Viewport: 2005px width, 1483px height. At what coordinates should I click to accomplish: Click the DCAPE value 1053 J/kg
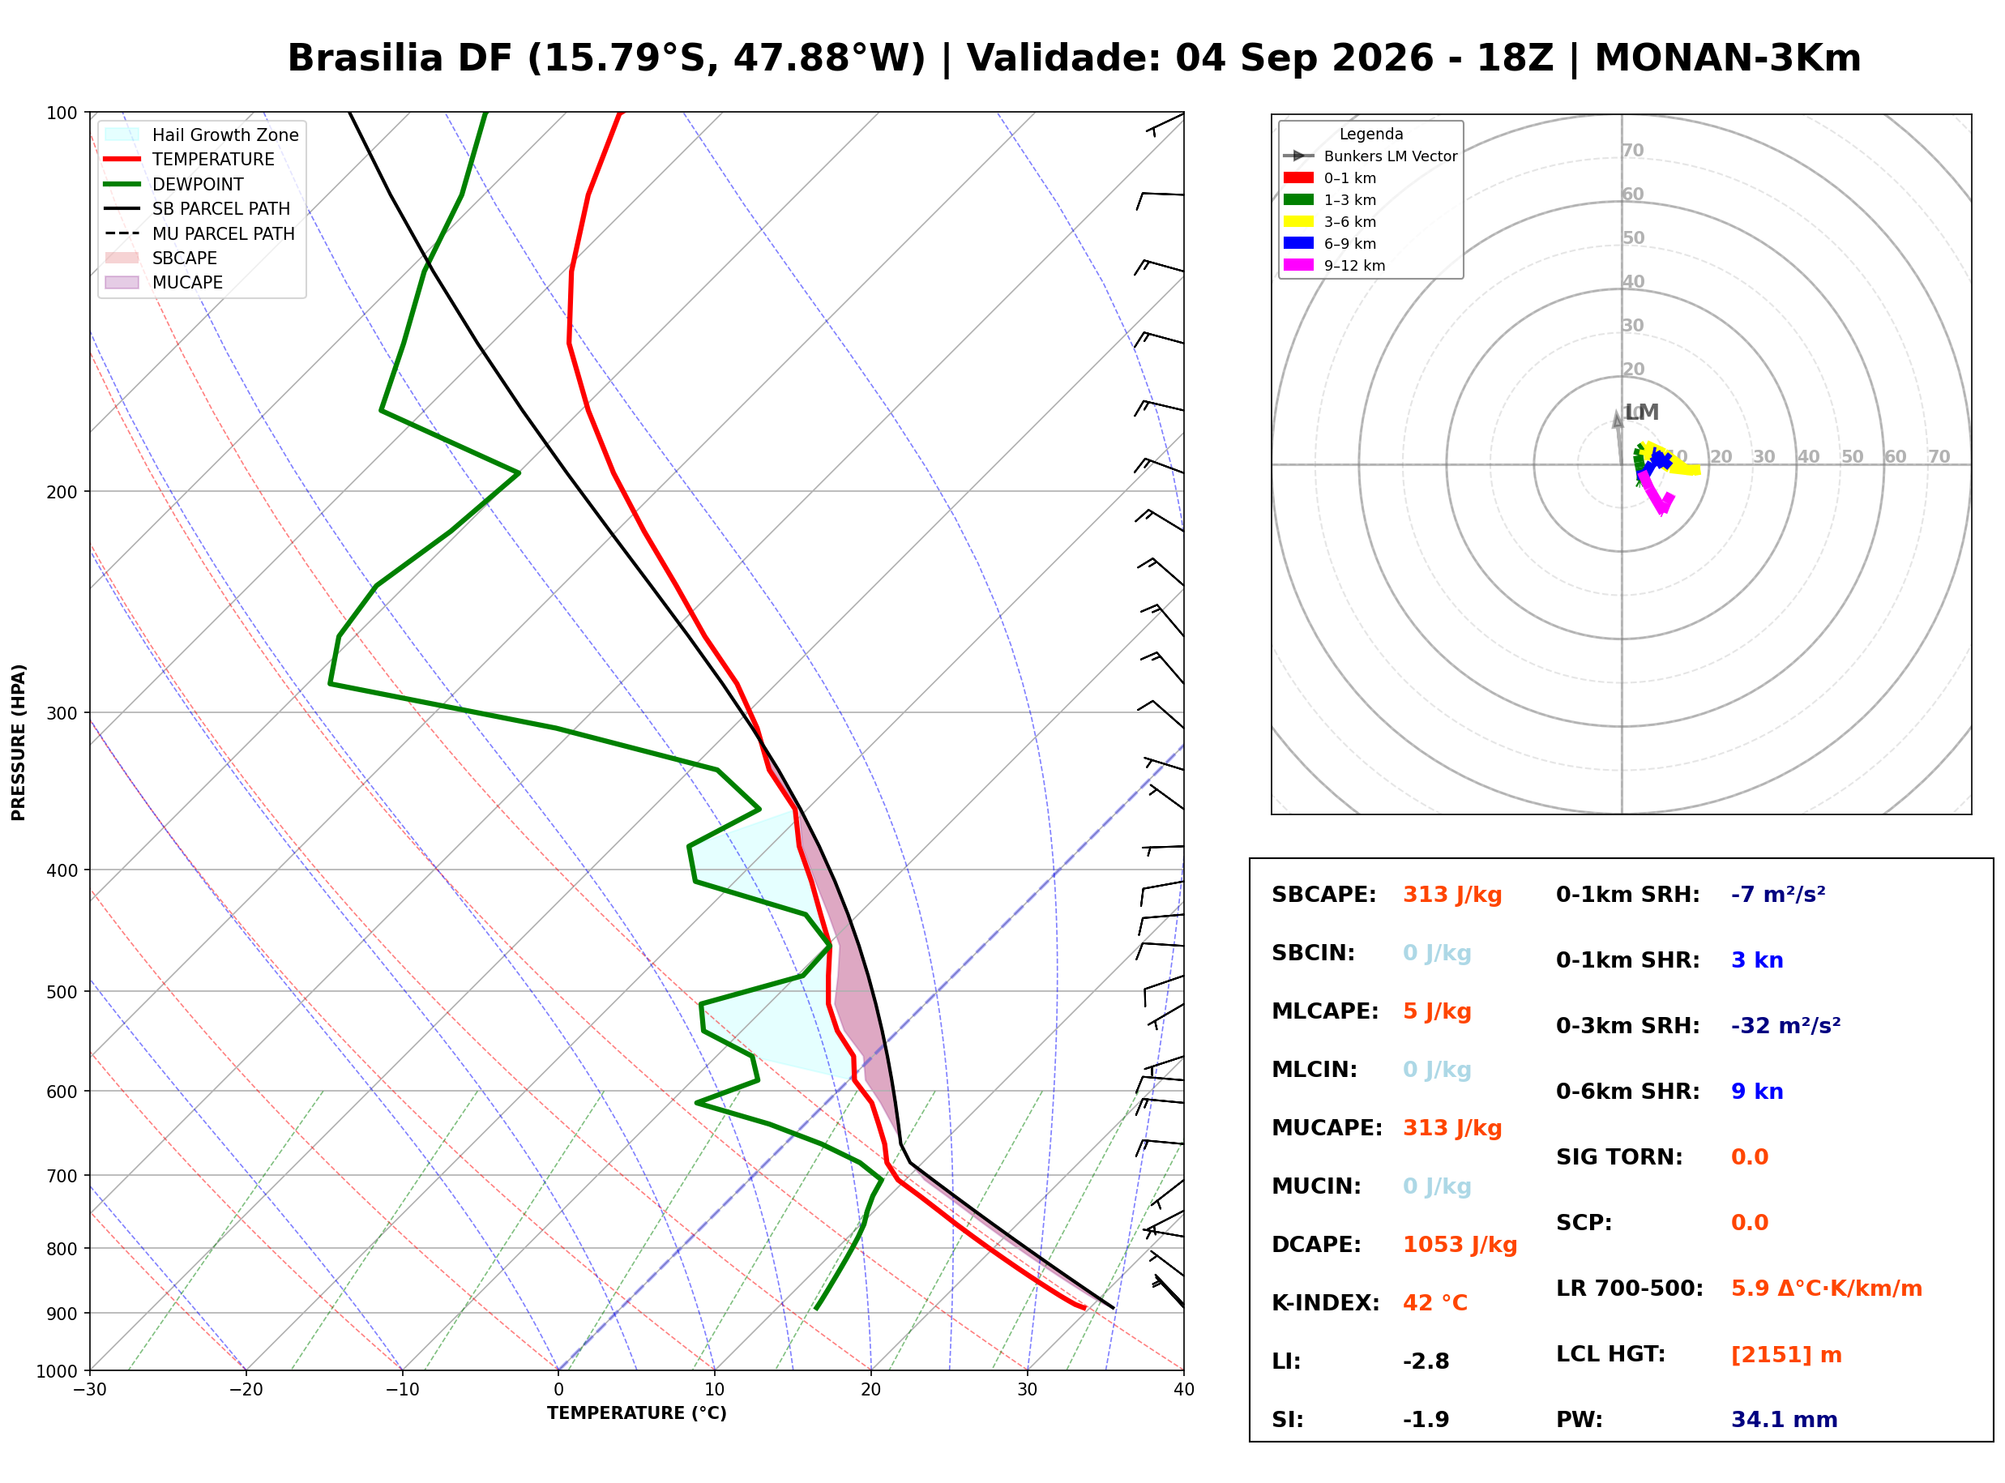point(1460,1245)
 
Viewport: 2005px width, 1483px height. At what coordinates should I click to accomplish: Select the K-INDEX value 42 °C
point(1435,1303)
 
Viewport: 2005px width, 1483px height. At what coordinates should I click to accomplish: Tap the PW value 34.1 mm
point(1785,1420)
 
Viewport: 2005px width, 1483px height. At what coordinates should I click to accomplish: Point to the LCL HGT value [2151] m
point(1786,1355)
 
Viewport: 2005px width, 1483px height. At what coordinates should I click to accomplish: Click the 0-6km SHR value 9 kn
point(1756,1092)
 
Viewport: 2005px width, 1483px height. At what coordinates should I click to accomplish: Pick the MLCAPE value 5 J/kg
point(1437,1011)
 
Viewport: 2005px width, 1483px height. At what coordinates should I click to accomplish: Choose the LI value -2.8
point(1426,1361)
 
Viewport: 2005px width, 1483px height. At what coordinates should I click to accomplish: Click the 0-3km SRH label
point(1627,1026)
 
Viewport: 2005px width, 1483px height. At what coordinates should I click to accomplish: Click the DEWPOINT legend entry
point(174,184)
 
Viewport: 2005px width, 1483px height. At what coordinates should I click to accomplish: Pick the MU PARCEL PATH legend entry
point(199,233)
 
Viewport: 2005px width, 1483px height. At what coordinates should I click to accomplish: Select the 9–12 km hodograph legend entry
point(1334,266)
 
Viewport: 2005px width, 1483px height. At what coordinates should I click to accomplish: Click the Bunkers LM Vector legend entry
point(1370,156)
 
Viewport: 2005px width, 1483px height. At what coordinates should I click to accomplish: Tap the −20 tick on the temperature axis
point(245,1390)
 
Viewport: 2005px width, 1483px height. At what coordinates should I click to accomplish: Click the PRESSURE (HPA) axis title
point(19,742)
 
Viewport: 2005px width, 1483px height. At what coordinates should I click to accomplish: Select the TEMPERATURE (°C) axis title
point(636,1413)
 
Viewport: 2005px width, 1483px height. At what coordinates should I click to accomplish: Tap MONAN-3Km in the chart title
point(1728,58)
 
